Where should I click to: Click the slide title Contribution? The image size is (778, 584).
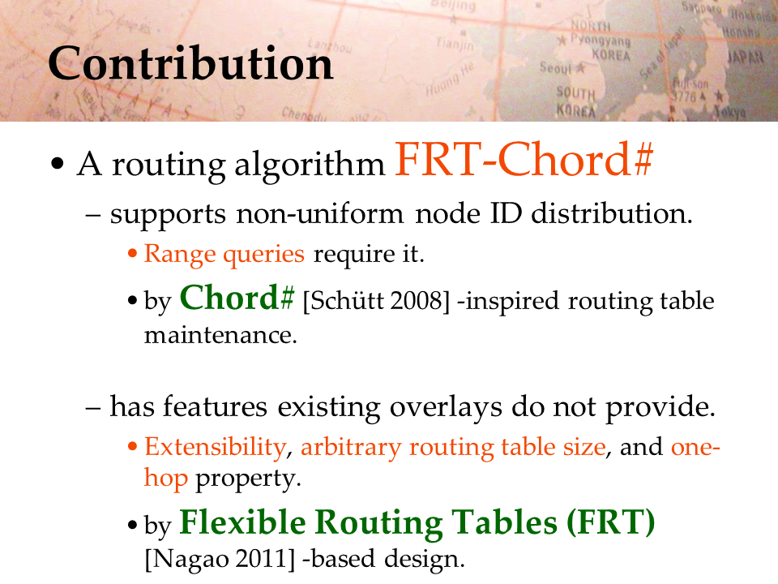pyautogui.click(x=190, y=63)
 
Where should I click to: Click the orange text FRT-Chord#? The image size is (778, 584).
pyautogui.click(x=524, y=160)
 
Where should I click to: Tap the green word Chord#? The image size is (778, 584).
pyautogui.click(x=237, y=298)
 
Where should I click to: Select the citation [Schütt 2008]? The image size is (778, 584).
pyautogui.click(x=375, y=301)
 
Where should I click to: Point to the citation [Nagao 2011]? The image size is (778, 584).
pyautogui.click(x=220, y=559)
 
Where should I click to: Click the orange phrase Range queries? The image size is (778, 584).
pyautogui.click(x=224, y=254)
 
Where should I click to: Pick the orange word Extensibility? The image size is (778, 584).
pyautogui.click(x=216, y=446)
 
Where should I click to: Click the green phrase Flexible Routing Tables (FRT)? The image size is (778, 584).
pyautogui.click(x=417, y=522)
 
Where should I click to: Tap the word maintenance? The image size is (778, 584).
pyautogui.click(x=220, y=335)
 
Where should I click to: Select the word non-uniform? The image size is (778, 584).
pyautogui.click(x=320, y=214)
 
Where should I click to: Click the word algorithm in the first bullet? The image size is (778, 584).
pyautogui.click(x=310, y=165)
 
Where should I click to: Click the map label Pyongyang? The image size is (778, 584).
pyautogui.click(x=601, y=40)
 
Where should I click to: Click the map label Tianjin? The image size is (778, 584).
pyautogui.click(x=455, y=44)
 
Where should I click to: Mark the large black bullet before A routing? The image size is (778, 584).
pyautogui.click(x=58, y=163)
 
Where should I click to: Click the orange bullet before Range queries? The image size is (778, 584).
pyautogui.click(x=132, y=254)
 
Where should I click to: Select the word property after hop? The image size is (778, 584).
pyautogui.click(x=248, y=479)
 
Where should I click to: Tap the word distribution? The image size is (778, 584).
pyautogui.click(x=611, y=213)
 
